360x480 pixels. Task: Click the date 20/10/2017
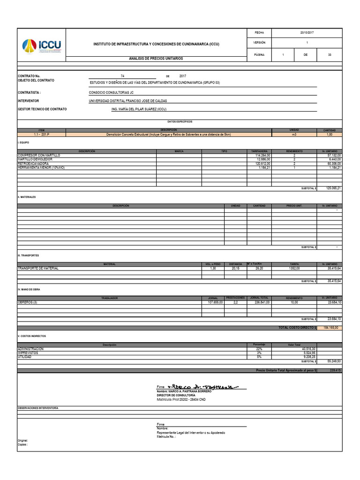click(x=307, y=33)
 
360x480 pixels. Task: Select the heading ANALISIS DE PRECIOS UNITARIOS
click(x=156, y=58)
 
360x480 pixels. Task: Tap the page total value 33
click(x=330, y=54)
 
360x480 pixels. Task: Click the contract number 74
click(x=122, y=75)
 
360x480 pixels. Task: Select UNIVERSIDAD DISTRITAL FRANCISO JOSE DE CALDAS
click(x=127, y=101)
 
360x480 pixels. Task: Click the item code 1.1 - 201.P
click(x=41, y=135)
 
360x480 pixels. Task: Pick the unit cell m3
click(x=294, y=135)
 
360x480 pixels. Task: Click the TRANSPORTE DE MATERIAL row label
click(x=38, y=268)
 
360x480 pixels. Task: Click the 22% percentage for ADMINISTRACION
click(x=259, y=349)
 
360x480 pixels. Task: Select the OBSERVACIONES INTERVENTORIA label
click(x=38, y=409)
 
